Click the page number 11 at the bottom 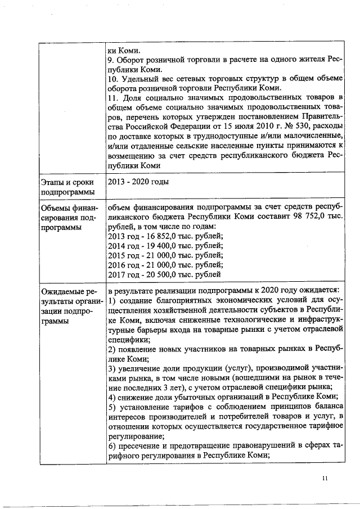click(325, 479)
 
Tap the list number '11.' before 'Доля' click(112, 99)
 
